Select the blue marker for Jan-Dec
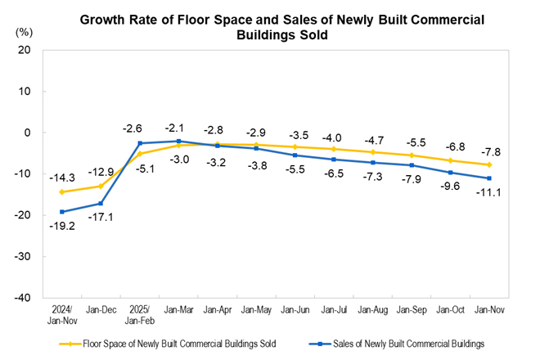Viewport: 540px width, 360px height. click(101, 204)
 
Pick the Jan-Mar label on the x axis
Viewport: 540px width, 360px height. click(179, 310)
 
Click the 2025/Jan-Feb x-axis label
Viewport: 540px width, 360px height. click(140, 314)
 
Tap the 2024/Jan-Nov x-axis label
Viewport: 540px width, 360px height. click(61, 314)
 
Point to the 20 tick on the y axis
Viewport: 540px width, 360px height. click(25, 50)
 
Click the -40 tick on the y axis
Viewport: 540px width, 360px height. click(22, 298)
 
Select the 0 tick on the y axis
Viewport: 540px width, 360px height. click(28, 133)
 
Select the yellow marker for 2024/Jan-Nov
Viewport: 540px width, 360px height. click(61, 192)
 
